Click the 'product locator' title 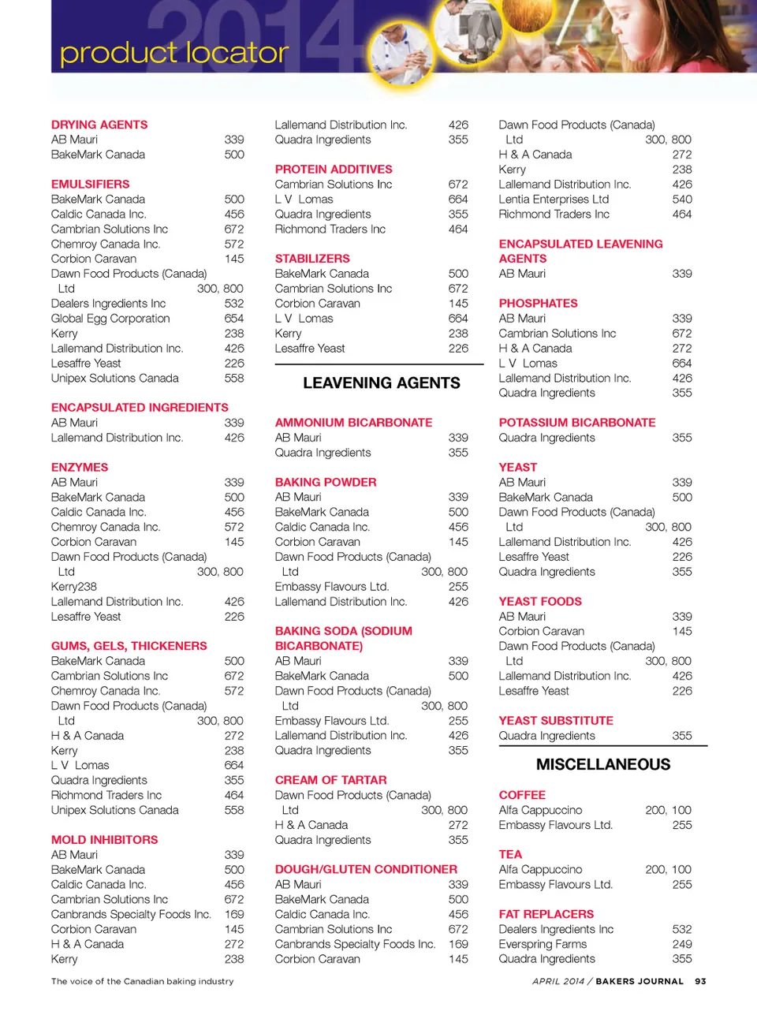pyautogui.click(x=174, y=53)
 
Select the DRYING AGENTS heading pyautogui.click(x=99, y=125)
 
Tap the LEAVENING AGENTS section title pyautogui.click(x=382, y=383)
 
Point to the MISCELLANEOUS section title pyautogui.click(x=603, y=764)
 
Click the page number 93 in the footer pyautogui.click(x=700, y=981)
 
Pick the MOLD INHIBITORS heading pyautogui.click(x=104, y=840)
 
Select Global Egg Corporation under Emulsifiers pyautogui.click(x=110, y=319)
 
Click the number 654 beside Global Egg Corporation pyautogui.click(x=234, y=319)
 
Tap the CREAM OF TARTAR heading pyautogui.click(x=330, y=780)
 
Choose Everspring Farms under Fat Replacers pyautogui.click(x=543, y=944)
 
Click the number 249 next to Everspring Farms pyautogui.click(x=682, y=944)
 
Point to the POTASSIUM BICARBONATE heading pyautogui.click(x=577, y=423)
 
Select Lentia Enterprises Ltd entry pyautogui.click(x=554, y=200)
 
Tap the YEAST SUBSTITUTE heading pyautogui.click(x=556, y=721)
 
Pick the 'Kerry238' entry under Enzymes pyautogui.click(x=74, y=587)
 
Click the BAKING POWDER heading pyautogui.click(x=326, y=482)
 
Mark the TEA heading pyautogui.click(x=510, y=854)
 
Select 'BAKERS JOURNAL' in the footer pyautogui.click(x=640, y=981)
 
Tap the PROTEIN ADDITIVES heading pyautogui.click(x=334, y=170)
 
